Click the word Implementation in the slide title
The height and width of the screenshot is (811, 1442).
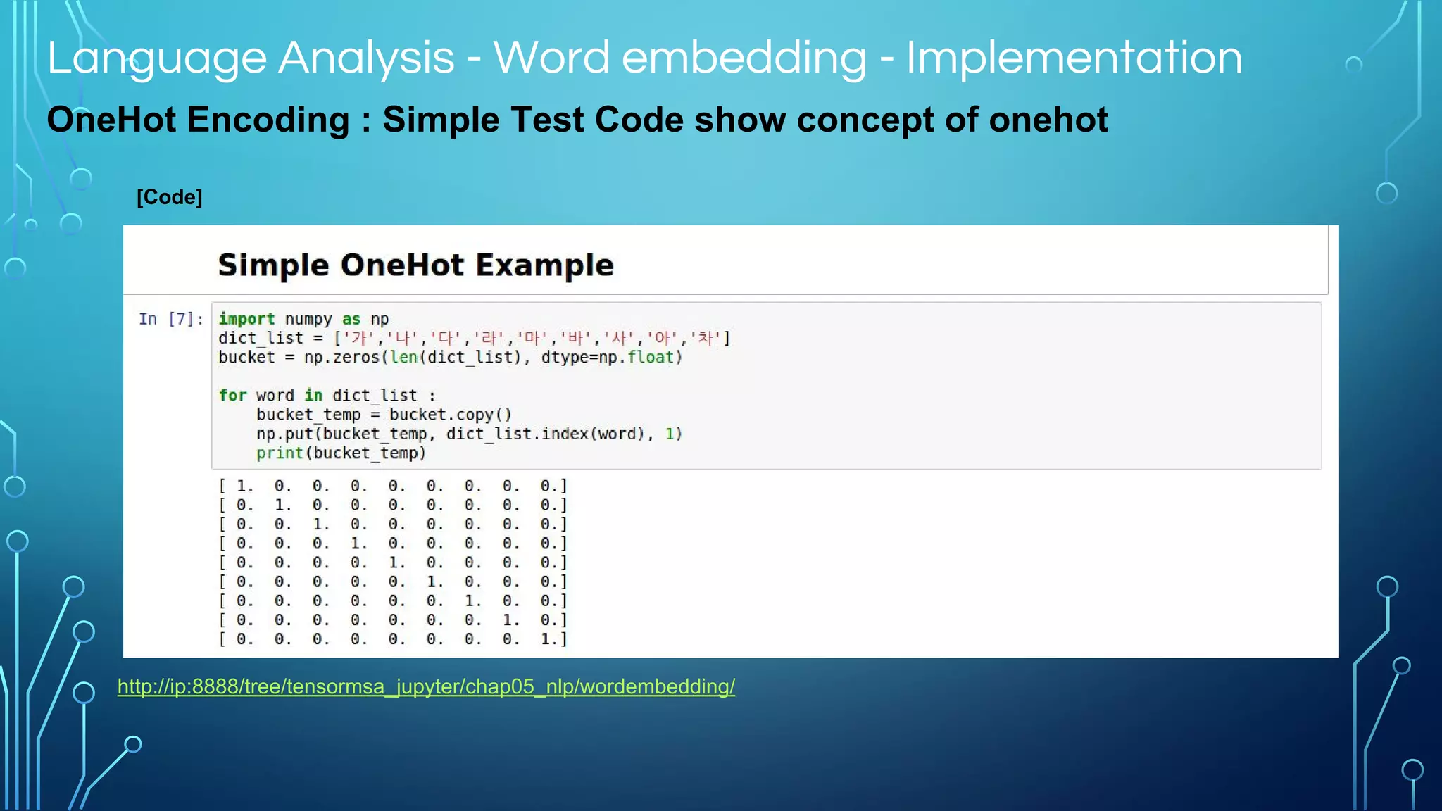pyautogui.click(x=1074, y=58)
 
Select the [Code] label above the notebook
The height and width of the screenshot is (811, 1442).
pyautogui.click(x=169, y=197)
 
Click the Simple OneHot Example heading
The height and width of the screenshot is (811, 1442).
pyautogui.click(x=415, y=265)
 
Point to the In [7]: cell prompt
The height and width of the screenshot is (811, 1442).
pyautogui.click(x=171, y=320)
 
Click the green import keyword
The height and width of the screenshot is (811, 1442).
pyautogui.click(x=246, y=319)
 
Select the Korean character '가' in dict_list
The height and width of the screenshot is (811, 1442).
pyautogui.click(x=358, y=339)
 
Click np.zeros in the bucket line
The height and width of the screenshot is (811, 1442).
pyautogui.click(x=341, y=358)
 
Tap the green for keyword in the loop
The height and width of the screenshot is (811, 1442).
pyautogui.click(x=232, y=396)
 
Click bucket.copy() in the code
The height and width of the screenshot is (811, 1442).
pyautogui.click(x=450, y=415)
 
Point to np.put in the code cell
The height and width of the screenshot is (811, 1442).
pyautogui.click(x=284, y=434)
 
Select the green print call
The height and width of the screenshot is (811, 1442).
pyautogui.click(x=280, y=453)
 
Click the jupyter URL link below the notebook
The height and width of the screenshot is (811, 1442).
pyautogui.click(x=426, y=686)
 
